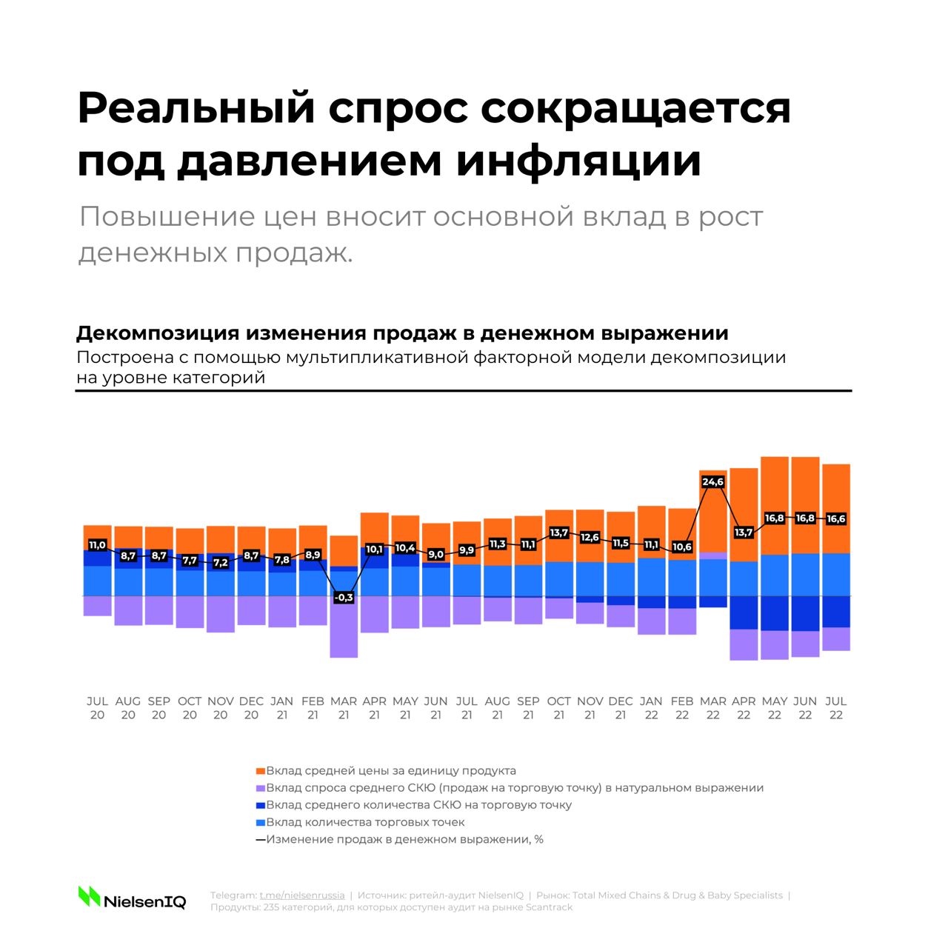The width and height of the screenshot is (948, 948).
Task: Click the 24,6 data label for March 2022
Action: click(x=712, y=482)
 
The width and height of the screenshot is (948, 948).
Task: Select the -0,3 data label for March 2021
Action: click(x=344, y=597)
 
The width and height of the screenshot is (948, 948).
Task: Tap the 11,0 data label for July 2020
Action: click(x=97, y=545)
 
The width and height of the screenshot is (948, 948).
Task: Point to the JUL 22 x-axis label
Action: click(x=835, y=708)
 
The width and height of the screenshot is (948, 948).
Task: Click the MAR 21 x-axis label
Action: click(x=344, y=708)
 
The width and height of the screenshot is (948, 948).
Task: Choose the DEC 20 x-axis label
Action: click(x=251, y=708)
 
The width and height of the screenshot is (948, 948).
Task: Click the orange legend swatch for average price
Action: click(x=260, y=771)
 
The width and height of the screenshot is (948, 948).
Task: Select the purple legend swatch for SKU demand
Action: click(x=260, y=788)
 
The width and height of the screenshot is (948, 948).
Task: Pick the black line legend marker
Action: click(x=260, y=840)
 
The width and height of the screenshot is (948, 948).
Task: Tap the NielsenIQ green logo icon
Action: click(x=89, y=896)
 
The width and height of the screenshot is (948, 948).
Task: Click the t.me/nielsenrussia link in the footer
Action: click(x=301, y=895)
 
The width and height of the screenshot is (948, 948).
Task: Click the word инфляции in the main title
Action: click(x=578, y=161)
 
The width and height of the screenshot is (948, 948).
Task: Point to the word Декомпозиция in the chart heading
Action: click(x=155, y=333)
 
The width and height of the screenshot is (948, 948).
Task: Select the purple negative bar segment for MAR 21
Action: click(x=344, y=627)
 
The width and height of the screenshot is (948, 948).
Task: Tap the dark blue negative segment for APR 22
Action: click(x=744, y=612)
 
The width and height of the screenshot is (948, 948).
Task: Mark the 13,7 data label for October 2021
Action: click(x=558, y=533)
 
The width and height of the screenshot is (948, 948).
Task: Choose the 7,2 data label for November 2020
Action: click(x=220, y=563)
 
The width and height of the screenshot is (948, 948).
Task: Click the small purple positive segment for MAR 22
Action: click(x=712, y=555)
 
